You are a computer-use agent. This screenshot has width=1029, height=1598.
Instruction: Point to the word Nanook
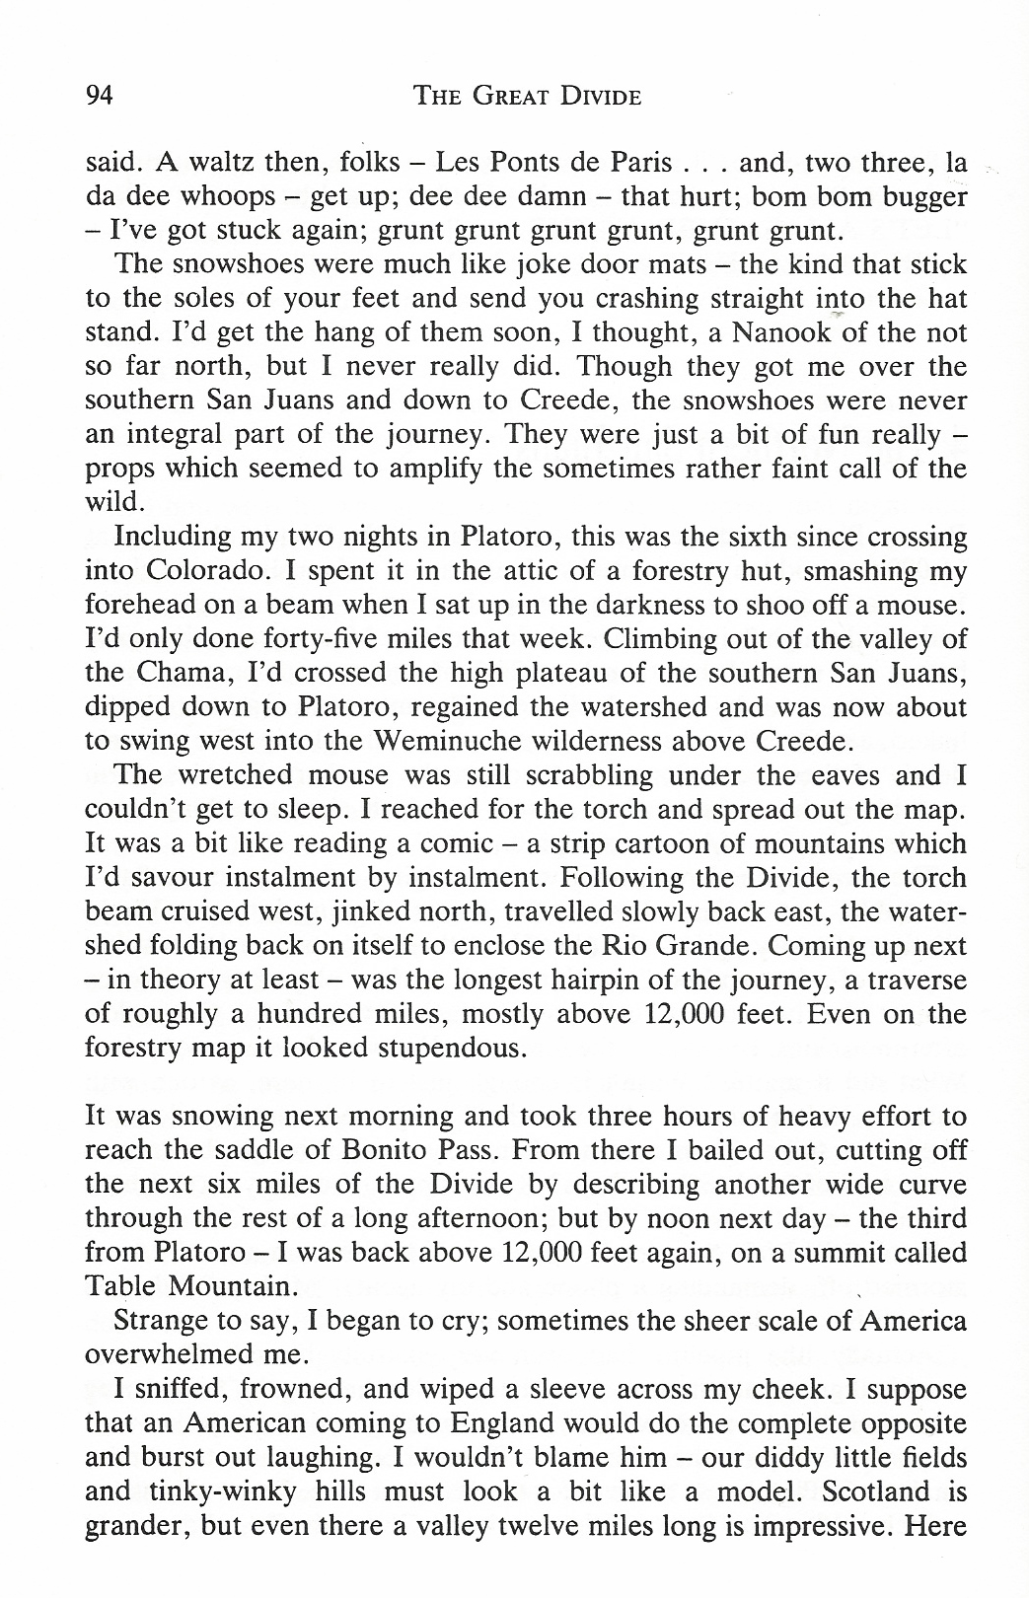pos(759,333)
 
